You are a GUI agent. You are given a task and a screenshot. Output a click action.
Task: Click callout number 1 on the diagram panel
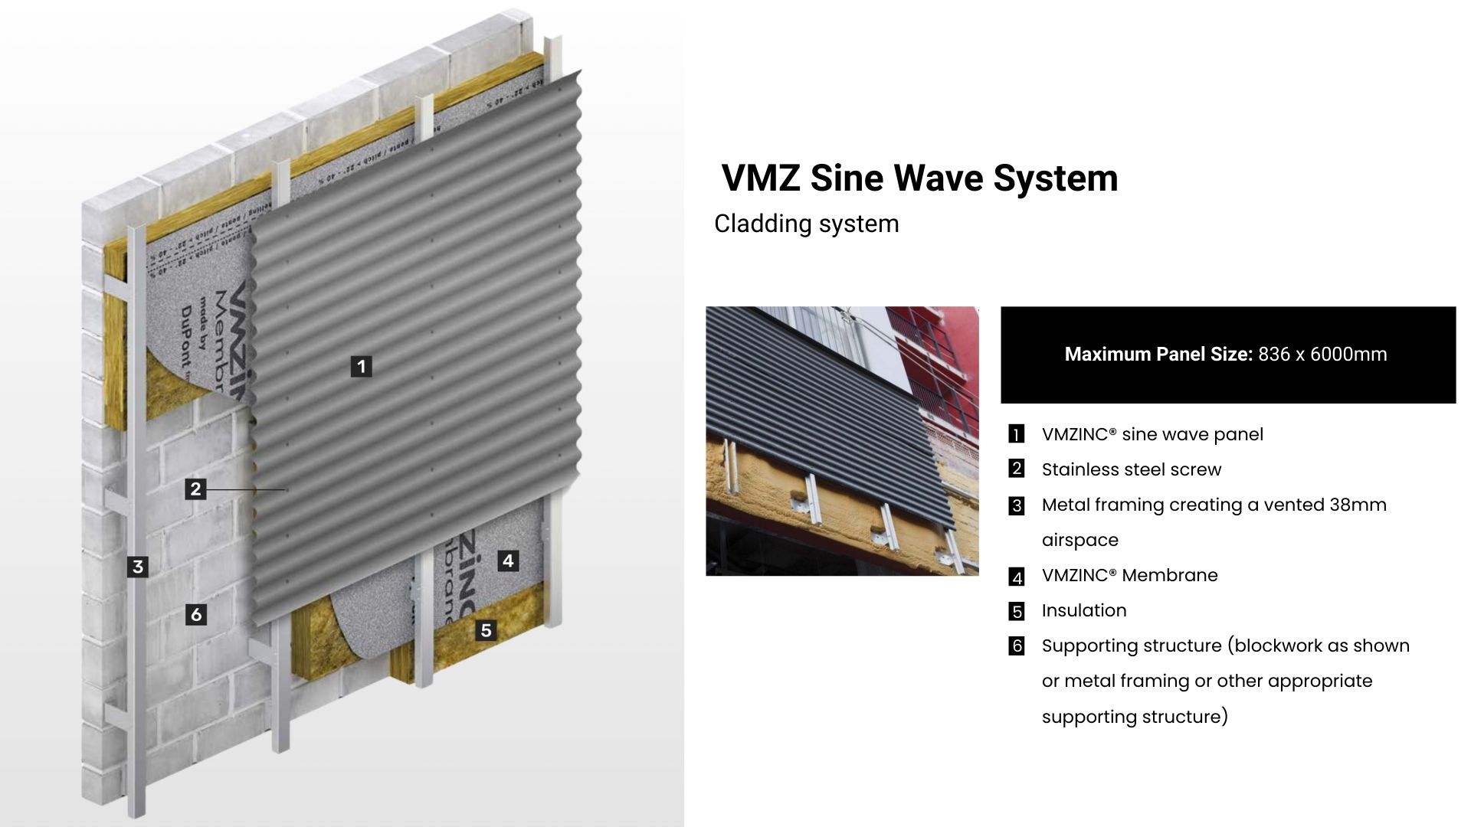[x=362, y=367]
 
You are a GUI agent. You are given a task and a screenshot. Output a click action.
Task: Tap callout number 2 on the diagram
[x=196, y=489]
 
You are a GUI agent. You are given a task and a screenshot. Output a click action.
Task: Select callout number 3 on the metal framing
[x=138, y=567]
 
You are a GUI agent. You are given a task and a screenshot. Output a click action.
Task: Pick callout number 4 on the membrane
[x=508, y=561]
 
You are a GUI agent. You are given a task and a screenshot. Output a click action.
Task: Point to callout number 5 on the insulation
[x=486, y=630]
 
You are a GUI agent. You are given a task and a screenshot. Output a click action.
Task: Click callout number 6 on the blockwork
[x=196, y=614]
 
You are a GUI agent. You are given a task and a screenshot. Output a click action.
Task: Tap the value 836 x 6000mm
[x=1322, y=355]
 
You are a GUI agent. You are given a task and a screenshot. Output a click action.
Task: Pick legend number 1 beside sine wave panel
[x=1017, y=435]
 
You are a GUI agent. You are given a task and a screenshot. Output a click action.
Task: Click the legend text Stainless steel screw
[x=1131, y=469]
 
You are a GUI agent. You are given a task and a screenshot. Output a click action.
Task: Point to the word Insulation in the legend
[x=1084, y=610]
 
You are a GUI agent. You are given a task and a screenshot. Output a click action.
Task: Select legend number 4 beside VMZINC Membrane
[x=1017, y=577]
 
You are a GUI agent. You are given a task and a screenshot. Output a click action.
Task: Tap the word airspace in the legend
[x=1080, y=540]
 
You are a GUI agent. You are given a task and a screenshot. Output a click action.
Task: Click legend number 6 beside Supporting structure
[x=1017, y=646]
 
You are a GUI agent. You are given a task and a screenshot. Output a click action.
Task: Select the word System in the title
[x=1056, y=178]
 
